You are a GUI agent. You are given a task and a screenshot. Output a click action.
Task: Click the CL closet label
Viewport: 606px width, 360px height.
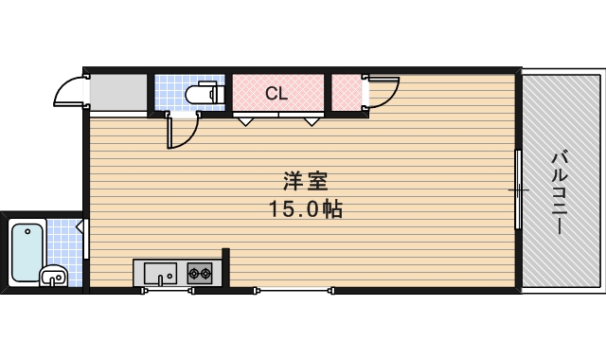(x=276, y=93)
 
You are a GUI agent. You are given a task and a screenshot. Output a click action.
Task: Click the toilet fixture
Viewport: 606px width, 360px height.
(x=201, y=94)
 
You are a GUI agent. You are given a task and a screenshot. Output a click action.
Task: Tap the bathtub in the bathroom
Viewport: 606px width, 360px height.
(x=27, y=249)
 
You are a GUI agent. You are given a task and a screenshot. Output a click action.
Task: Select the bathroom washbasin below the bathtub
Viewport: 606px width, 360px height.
(x=53, y=277)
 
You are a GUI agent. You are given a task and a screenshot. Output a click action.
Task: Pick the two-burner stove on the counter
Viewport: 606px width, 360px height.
(x=200, y=274)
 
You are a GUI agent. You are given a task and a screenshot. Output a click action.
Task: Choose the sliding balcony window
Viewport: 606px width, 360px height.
(x=518, y=189)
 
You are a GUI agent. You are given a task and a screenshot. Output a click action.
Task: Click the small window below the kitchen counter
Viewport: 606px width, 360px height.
(x=168, y=291)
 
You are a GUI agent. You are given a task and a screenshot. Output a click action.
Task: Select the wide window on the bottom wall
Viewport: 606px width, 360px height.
(x=293, y=291)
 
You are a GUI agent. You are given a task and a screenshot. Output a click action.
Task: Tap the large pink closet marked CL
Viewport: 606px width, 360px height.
(x=277, y=93)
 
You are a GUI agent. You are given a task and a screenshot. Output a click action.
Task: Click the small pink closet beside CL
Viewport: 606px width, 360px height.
(x=347, y=93)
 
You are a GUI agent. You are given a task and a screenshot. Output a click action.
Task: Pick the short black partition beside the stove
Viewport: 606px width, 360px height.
(x=225, y=266)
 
